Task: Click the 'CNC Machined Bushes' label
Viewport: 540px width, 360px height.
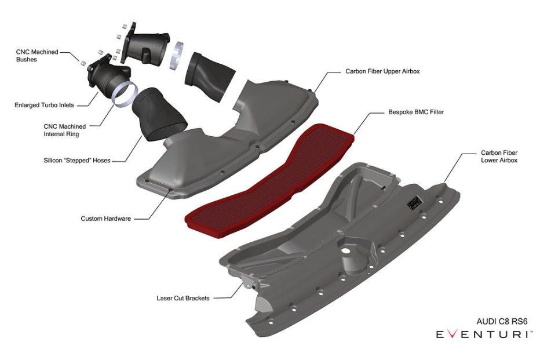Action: pos(37,56)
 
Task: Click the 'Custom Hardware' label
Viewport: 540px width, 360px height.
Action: pos(106,219)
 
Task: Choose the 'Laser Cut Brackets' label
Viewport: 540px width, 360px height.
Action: pos(183,299)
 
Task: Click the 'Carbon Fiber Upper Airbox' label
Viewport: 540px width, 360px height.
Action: pos(382,72)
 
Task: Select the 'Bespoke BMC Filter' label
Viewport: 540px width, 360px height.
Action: pos(416,112)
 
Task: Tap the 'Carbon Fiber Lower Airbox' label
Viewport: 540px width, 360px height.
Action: pos(499,157)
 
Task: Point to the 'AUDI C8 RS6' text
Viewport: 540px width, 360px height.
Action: pos(502,321)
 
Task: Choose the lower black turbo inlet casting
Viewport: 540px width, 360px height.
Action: pos(108,78)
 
